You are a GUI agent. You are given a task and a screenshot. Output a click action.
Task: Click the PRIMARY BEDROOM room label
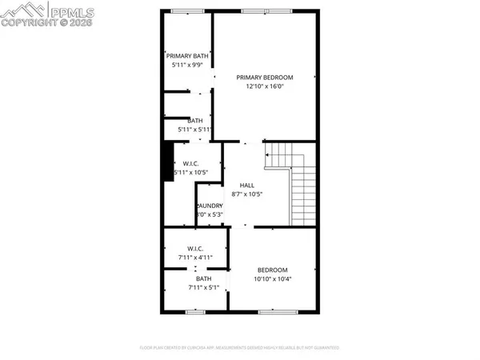click(265, 78)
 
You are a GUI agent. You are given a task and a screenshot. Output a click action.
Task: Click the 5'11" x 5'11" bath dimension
click(194, 129)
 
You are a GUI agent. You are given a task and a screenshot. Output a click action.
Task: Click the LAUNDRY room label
click(210, 206)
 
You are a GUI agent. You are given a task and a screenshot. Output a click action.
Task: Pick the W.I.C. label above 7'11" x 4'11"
click(195, 249)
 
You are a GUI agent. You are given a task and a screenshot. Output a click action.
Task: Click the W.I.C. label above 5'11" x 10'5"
click(190, 164)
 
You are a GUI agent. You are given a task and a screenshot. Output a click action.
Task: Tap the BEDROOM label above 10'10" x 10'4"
click(272, 270)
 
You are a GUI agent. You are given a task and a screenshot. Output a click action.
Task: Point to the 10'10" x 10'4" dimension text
click(272, 278)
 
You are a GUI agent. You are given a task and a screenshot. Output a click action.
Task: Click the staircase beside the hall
click(301, 188)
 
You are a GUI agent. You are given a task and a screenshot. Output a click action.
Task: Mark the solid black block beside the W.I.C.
click(168, 162)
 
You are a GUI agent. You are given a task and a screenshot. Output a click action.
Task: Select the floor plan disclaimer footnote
click(240, 348)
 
